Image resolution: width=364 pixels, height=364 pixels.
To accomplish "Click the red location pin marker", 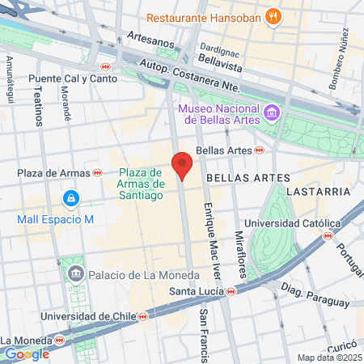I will (x=182, y=165).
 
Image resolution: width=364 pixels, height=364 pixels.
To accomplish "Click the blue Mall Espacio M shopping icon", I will (x=71, y=197).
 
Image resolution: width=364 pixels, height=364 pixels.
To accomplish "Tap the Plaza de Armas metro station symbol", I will (x=97, y=172).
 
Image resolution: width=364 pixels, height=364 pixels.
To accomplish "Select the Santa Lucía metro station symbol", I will (x=231, y=291).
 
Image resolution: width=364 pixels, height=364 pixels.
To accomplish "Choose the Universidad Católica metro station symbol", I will (x=328, y=235).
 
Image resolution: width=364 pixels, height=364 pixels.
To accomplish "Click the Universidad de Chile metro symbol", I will (x=142, y=315).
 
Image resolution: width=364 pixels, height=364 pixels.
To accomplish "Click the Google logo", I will (x=27, y=353).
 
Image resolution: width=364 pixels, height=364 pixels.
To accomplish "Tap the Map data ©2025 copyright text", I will (x=328, y=358).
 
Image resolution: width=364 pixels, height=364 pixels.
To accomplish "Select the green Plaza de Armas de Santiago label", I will (x=142, y=183).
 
